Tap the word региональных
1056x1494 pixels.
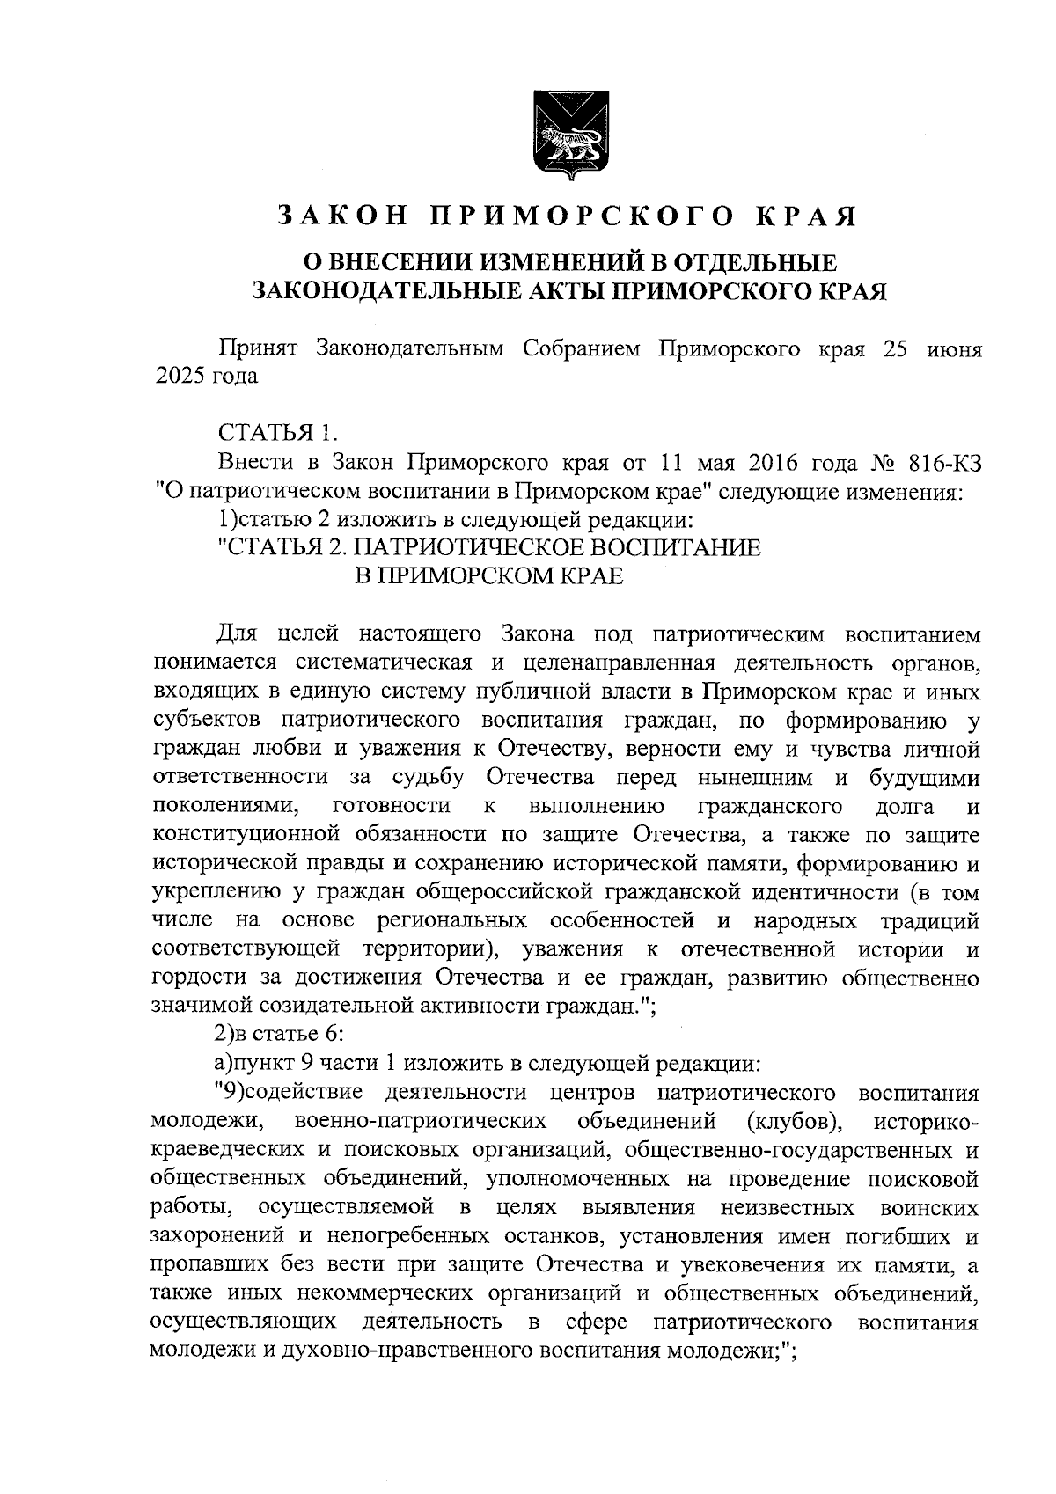(452, 920)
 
